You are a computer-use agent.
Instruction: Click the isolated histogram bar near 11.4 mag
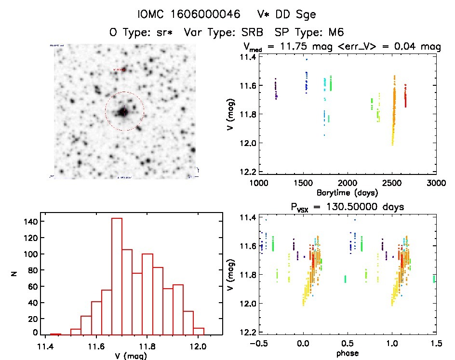click(x=55, y=333)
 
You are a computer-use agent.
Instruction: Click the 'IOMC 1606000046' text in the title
click(x=188, y=14)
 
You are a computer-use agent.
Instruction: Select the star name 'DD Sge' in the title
click(x=300, y=14)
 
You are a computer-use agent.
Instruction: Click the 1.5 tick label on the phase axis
click(x=436, y=344)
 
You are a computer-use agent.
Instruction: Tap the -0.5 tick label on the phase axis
click(x=257, y=344)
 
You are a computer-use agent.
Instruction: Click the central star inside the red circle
click(x=124, y=112)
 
